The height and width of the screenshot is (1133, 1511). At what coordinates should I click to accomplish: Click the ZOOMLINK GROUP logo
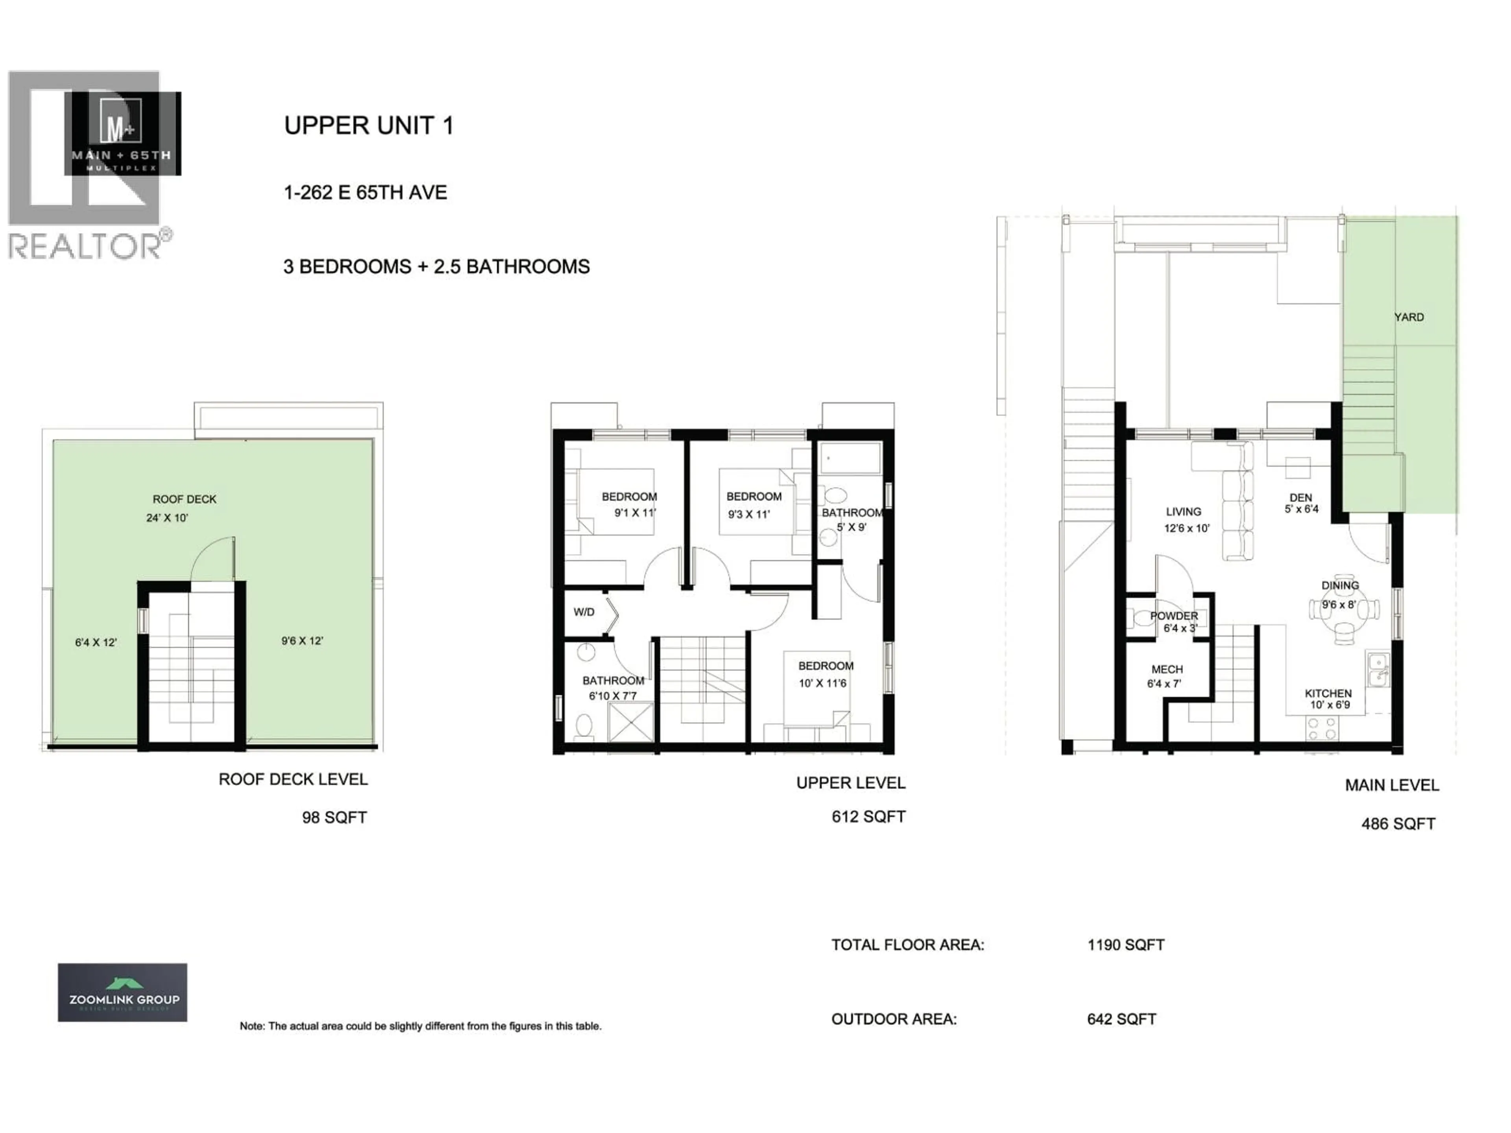[122, 992]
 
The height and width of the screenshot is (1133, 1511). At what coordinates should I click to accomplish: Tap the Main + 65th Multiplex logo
[123, 134]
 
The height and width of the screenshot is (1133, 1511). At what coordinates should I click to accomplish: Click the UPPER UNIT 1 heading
[368, 125]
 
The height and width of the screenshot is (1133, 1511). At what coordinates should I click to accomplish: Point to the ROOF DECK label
[185, 499]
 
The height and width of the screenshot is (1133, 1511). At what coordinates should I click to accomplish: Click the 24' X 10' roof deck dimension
[167, 518]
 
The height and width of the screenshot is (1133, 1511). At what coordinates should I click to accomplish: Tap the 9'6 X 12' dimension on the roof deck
[302, 640]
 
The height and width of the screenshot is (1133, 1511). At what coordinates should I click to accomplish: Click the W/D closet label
[584, 612]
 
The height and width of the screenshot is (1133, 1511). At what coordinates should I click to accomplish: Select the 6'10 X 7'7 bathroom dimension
[613, 696]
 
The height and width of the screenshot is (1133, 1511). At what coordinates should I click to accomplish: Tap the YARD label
[1409, 317]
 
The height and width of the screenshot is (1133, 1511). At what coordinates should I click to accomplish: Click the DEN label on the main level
[1300, 498]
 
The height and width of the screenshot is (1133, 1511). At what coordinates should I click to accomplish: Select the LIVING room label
[1183, 511]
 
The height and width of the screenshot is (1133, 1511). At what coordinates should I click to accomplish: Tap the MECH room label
[1167, 669]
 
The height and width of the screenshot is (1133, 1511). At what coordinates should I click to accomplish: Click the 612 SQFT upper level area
[868, 817]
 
